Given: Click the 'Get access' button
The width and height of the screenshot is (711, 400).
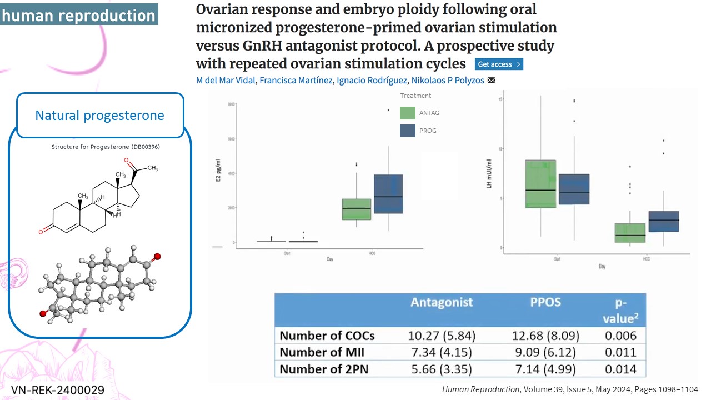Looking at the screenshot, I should (499, 64).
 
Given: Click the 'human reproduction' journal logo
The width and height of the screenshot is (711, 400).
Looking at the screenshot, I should (79, 14).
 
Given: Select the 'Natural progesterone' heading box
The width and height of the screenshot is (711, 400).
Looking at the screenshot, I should (100, 116).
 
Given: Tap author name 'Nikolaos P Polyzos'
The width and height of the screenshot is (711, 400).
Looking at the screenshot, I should (447, 81).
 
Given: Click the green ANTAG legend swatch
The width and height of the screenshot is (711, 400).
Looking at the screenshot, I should (408, 113).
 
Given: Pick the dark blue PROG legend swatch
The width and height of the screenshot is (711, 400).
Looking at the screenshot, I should (408, 131).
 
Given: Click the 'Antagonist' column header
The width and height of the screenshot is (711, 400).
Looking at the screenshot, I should (442, 302).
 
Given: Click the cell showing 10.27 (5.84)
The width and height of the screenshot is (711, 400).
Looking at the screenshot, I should (442, 336).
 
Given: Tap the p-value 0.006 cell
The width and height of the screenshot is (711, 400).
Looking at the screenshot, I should (621, 336).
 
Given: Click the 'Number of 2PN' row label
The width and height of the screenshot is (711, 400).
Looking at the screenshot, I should (325, 369).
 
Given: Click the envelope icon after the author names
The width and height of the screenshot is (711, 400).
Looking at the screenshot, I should (491, 81).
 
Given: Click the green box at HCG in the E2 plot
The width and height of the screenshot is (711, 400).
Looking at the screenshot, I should (357, 209).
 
